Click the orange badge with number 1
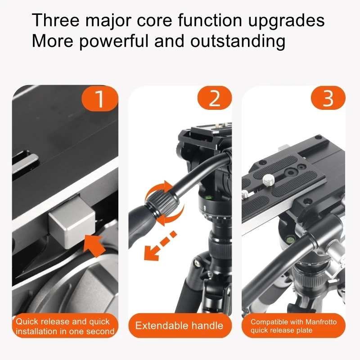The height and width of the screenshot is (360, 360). (100, 98)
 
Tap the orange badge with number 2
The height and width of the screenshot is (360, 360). (215, 98)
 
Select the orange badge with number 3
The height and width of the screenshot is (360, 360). (328, 98)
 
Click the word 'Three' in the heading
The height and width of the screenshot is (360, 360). (55, 20)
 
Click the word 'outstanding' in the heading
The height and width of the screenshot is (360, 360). (238, 42)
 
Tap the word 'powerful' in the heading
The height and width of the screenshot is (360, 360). (114, 42)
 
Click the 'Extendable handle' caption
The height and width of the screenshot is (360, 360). (179, 325)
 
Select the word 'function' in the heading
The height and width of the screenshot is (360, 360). (210, 20)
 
